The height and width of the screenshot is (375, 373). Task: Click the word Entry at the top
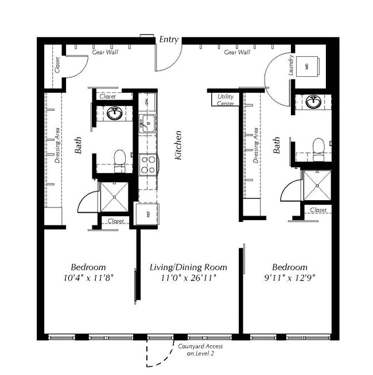click(169, 40)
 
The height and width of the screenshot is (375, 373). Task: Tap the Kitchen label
click(178, 145)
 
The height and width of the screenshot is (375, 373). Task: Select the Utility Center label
click(226, 100)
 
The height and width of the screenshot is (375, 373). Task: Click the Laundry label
click(292, 65)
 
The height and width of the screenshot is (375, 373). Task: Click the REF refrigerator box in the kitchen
click(147, 214)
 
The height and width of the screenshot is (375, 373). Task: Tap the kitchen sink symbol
click(147, 123)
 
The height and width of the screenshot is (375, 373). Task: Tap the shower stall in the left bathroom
click(115, 196)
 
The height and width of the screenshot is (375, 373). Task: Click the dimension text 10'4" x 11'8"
click(88, 278)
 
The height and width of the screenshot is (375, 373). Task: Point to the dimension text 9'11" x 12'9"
click(289, 278)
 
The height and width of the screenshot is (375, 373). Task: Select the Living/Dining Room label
click(188, 267)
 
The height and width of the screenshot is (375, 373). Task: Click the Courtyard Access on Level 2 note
click(200, 350)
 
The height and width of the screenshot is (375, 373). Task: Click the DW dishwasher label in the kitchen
click(146, 102)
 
